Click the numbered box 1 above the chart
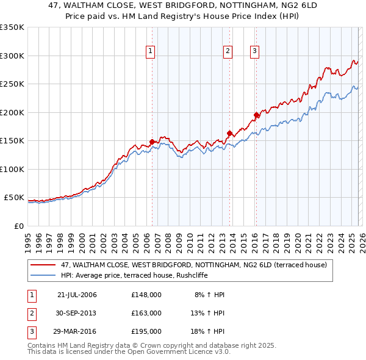click(151, 52)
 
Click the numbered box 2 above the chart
click(228, 52)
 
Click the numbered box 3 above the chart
click(254, 52)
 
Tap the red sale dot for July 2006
click(152, 142)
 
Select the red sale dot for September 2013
click(229, 134)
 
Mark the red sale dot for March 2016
click(256, 115)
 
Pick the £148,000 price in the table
click(146, 295)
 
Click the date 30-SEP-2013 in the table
click(77, 313)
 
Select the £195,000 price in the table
click(146, 331)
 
